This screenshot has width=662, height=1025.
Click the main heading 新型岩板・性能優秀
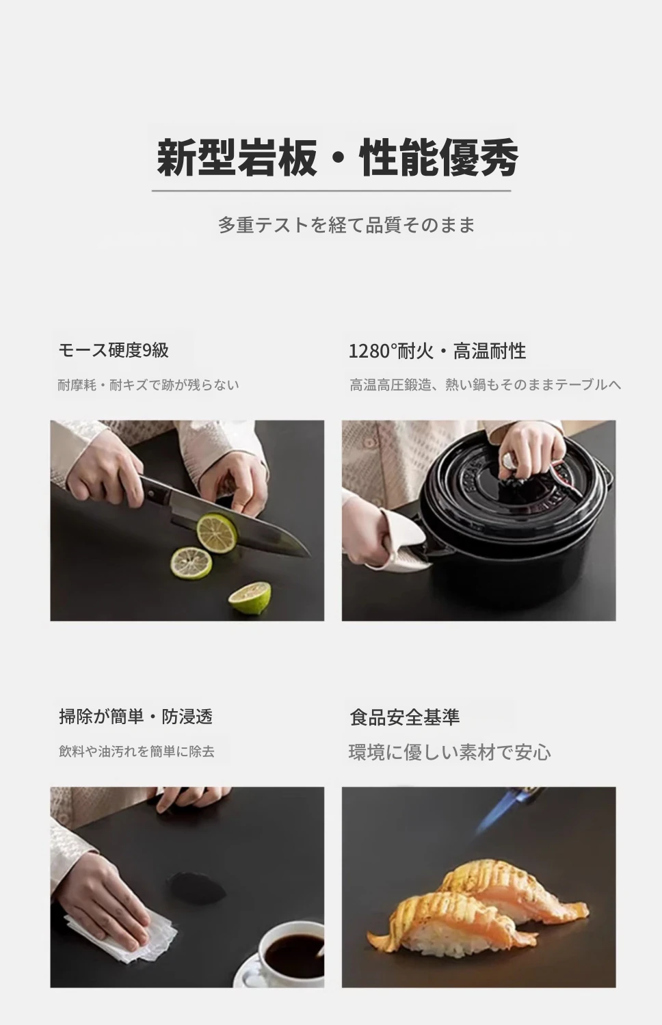pos(338,157)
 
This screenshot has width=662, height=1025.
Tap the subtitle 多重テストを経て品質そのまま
pos(346,225)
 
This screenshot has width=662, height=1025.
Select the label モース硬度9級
pos(114,350)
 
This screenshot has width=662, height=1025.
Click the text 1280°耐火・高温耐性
pos(437,351)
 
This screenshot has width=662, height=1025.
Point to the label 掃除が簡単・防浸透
pos(136,717)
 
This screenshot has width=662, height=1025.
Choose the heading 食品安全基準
pos(404,717)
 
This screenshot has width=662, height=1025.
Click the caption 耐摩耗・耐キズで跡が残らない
pos(148,385)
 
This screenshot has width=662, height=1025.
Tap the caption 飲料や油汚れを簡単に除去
pos(137,751)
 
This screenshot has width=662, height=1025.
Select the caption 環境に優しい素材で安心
pos(450,752)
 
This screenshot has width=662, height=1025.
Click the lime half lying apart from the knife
pos(250,598)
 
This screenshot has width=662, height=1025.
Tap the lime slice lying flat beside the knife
pos(191,563)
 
